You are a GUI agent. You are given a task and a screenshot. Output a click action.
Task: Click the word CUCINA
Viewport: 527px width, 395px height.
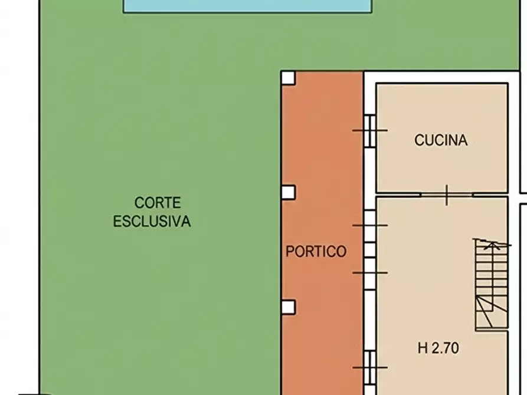(440, 140)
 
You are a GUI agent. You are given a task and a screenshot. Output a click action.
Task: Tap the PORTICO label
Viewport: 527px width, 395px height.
(316, 252)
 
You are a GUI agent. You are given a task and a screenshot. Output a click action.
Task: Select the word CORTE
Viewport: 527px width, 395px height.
(158, 203)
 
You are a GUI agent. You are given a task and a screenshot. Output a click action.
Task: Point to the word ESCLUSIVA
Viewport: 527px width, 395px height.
(152, 222)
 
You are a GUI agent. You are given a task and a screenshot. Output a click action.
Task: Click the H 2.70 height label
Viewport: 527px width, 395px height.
(438, 348)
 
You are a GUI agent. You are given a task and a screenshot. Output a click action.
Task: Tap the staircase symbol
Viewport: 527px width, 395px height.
(491, 283)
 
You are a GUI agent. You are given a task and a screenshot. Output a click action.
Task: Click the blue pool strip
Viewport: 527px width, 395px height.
(247, 6)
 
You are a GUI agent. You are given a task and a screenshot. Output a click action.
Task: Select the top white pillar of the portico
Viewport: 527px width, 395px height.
(288, 78)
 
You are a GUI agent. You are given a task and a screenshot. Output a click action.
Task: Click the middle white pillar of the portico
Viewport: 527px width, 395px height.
(288, 192)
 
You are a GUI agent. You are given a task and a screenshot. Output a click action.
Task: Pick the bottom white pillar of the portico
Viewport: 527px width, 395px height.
(288, 307)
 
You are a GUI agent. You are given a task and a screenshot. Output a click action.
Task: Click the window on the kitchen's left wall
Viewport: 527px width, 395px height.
(369, 130)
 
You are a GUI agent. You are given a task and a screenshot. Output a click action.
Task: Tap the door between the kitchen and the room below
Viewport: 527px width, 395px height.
(447, 194)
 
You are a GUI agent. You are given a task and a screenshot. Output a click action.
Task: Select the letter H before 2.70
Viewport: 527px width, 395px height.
(423, 348)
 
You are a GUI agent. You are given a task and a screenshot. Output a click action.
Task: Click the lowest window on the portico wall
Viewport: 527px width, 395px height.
(369, 367)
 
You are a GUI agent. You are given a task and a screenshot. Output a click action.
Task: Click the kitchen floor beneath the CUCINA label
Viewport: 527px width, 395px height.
(441, 168)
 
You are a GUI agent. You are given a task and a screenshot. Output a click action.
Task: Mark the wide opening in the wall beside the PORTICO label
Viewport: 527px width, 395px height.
(369, 249)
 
